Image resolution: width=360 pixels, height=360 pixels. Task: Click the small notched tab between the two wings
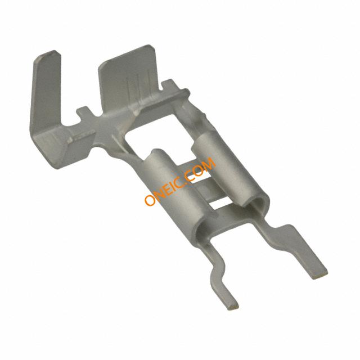point(84,112)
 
